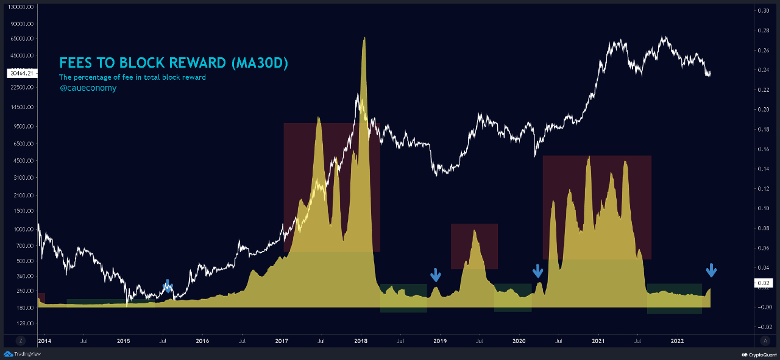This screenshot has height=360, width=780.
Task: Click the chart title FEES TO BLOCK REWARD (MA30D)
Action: [173, 63]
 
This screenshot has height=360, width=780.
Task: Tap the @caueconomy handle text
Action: [88, 88]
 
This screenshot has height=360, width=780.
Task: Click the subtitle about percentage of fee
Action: [132, 77]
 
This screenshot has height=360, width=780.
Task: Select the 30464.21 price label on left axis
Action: [23, 73]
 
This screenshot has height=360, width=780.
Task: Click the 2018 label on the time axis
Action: [361, 342]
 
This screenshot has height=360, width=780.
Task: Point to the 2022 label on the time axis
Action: [678, 342]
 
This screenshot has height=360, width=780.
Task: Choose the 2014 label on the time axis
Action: [44, 342]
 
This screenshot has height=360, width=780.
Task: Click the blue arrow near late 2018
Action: [435, 275]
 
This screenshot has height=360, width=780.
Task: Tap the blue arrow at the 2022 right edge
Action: [711, 270]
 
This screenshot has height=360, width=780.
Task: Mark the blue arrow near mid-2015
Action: [168, 286]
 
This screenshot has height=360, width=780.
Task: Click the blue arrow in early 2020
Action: [537, 270]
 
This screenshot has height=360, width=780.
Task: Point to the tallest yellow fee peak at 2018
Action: [364, 39]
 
